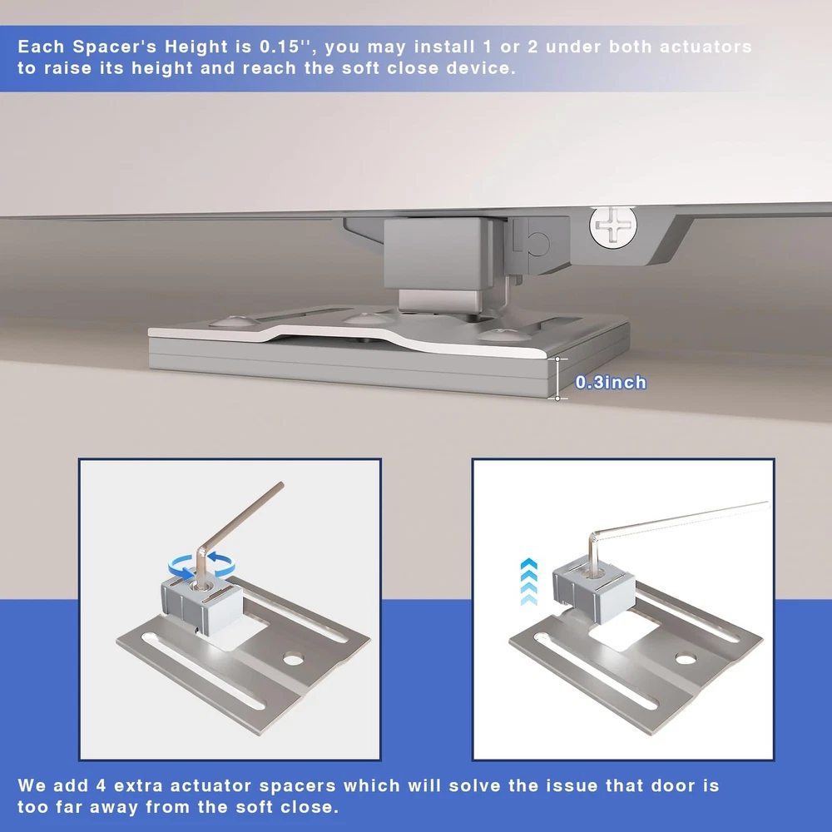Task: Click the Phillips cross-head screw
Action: pyautogui.click(x=613, y=225)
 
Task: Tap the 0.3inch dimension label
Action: pyautogui.click(x=611, y=383)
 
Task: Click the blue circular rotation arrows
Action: pyautogui.click(x=201, y=566)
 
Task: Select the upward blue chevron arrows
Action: pyautogui.click(x=529, y=582)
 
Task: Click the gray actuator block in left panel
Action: pyautogui.click(x=201, y=604)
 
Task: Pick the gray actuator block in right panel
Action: pyautogui.click(x=594, y=590)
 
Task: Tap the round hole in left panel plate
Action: pyautogui.click(x=293, y=659)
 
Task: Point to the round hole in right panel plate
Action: pyautogui.click(x=686, y=658)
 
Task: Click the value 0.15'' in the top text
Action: pyautogui.click(x=285, y=47)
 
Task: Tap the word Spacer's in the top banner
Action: pyautogui.click(x=115, y=47)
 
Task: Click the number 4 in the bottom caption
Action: pyautogui.click(x=102, y=785)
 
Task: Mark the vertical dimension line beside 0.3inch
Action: pyautogui.click(x=557, y=379)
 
